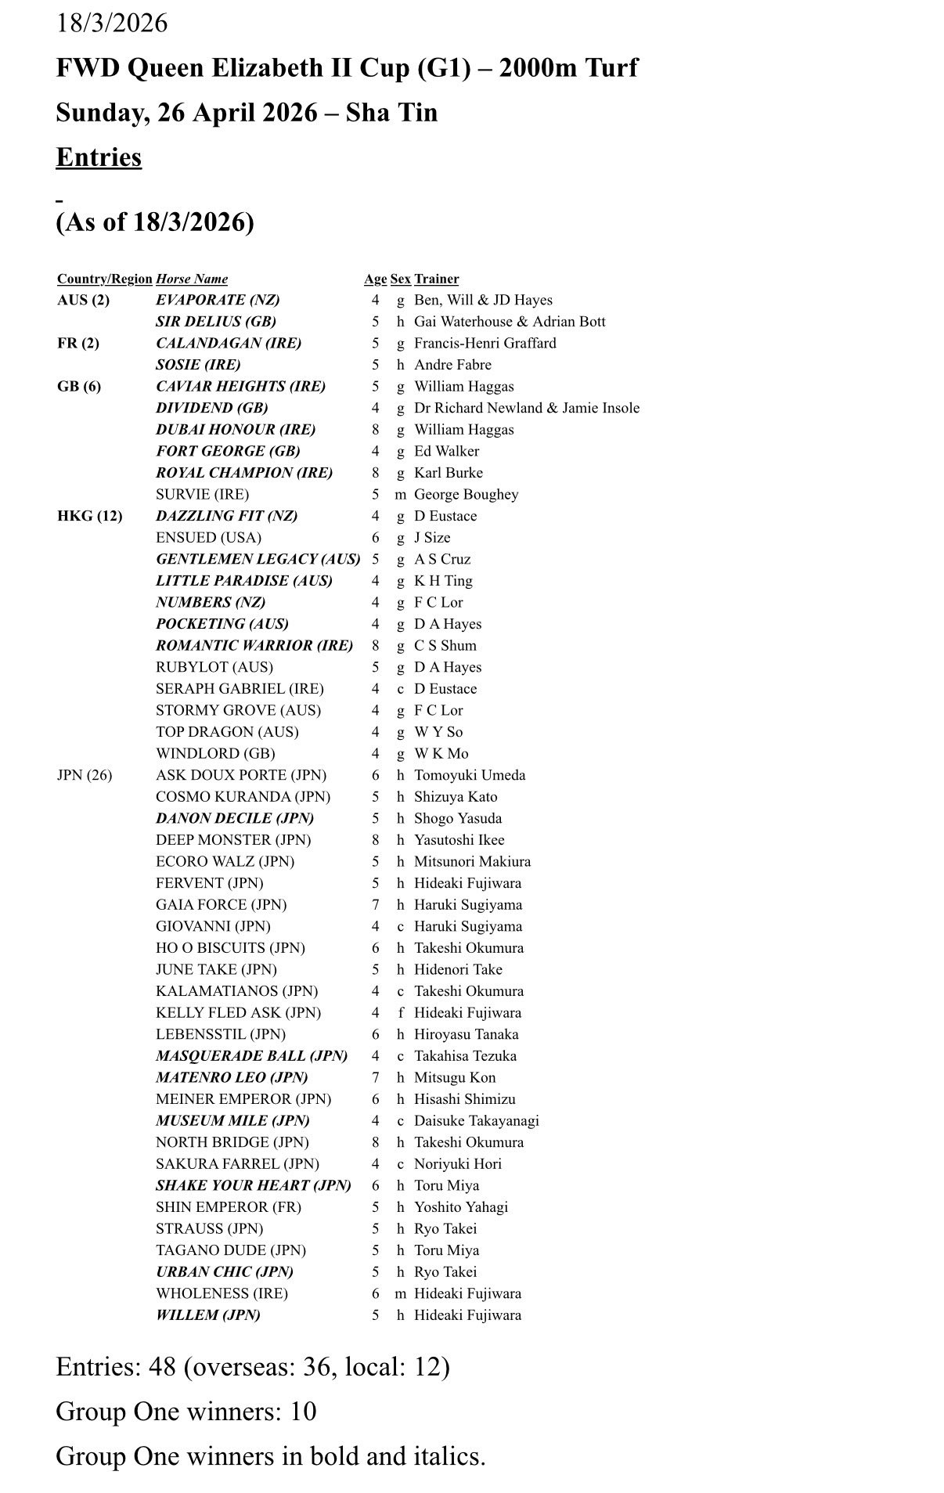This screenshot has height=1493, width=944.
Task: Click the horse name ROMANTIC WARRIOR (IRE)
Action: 254,646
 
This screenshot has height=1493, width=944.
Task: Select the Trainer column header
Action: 436,279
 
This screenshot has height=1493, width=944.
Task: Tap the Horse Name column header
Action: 192,279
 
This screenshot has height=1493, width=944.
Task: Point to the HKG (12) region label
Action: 89,516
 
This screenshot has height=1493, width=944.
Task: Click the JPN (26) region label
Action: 85,775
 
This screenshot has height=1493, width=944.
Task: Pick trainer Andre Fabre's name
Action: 452,365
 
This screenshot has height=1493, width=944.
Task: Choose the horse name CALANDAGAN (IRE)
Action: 229,343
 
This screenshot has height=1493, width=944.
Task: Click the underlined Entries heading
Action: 99,157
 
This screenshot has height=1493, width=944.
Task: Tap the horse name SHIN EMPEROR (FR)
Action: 229,1207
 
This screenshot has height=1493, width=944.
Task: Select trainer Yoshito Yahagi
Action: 460,1207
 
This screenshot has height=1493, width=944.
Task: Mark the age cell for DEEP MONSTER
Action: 376,840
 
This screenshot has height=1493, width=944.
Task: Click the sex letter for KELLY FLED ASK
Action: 401,1013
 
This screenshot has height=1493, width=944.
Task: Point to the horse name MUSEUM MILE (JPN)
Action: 232,1121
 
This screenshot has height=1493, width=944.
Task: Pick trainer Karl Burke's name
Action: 448,473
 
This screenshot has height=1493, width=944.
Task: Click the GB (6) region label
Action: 79,387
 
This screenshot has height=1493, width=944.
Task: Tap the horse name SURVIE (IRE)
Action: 202,495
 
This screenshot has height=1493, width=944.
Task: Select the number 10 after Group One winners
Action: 302,1412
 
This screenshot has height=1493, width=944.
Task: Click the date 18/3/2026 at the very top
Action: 112,23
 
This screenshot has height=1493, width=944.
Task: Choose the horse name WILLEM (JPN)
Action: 208,1315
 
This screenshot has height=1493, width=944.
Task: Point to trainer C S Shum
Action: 445,646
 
